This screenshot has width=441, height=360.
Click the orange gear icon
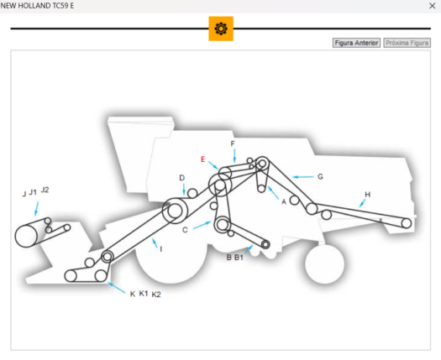[x=221, y=29]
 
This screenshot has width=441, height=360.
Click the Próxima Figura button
[x=407, y=42]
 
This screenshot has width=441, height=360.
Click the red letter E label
[x=202, y=159]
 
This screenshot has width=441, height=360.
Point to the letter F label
[x=233, y=143]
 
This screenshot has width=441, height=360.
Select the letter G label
[x=320, y=177]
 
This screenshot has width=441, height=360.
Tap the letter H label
[x=367, y=195]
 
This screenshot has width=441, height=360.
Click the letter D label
[x=181, y=178]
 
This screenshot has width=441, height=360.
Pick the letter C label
[x=185, y=230]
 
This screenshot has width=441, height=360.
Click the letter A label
[x=284, y=202]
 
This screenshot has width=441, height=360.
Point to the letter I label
[x=160, y=248]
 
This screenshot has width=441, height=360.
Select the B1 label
[x=239, y=258]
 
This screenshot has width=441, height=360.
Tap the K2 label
[x=156, y=295]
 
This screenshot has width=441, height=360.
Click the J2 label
[x=45, y=190]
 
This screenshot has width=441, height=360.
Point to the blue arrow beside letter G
[x=303, y=177]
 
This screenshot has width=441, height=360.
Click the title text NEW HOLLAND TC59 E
[x=38, y=6]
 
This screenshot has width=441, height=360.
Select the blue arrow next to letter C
[x=202, y=226]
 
